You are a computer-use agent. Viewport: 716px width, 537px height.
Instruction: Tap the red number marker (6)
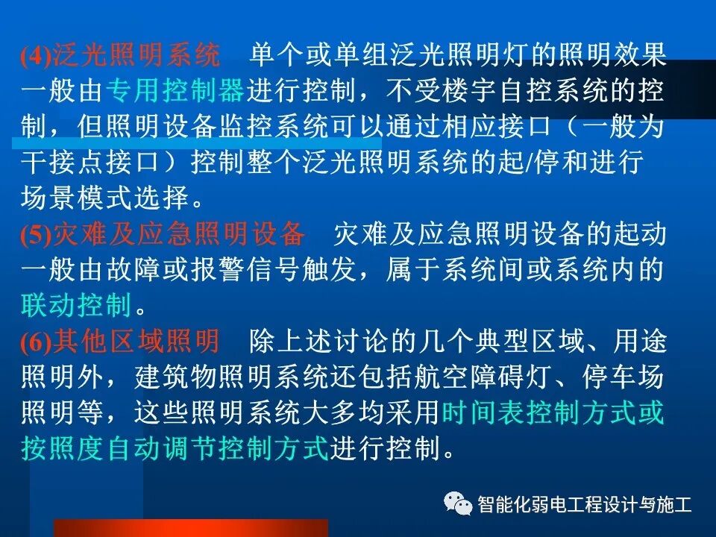pyautogui.click(x=34, y=343)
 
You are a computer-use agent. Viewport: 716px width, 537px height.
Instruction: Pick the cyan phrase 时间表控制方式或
pyautogui.click(x=553, y=413)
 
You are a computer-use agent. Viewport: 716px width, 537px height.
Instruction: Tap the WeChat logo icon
pyautogui.click(x=458, y=504)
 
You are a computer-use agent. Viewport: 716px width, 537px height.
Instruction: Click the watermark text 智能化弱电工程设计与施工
pyautogui.click(x=585, y=505)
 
